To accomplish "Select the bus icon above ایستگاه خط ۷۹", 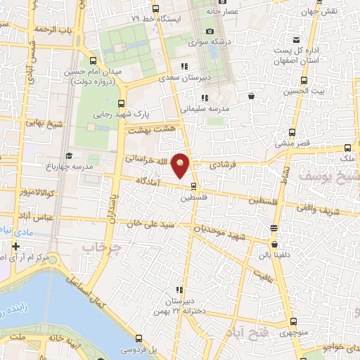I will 156,8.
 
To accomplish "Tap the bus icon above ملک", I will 349,148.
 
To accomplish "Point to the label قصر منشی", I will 289,143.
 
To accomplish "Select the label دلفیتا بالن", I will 275,247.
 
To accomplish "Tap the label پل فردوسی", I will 141,349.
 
